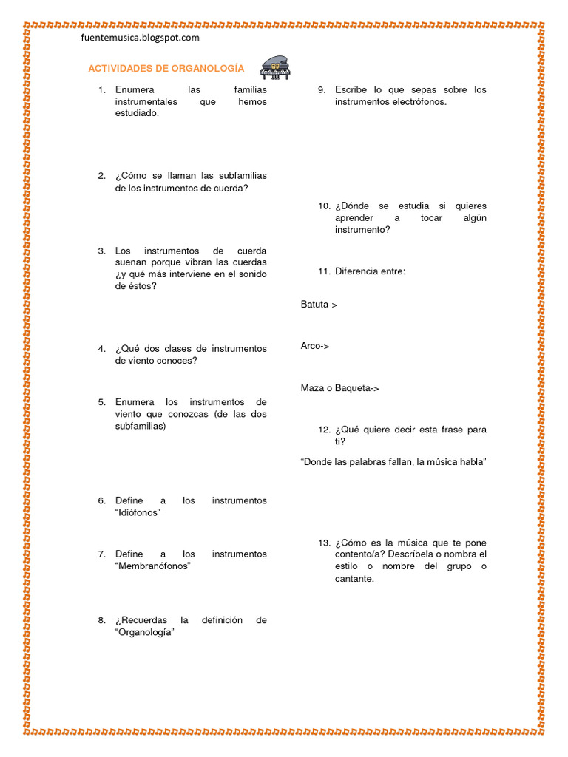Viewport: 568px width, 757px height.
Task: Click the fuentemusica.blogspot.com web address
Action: (141, 37)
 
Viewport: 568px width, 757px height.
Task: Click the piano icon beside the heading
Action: (274, 67)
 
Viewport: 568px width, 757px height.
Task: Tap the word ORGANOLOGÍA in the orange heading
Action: (208, 68)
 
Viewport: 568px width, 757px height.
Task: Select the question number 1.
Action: (101, 90)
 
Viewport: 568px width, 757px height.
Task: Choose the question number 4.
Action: (101, 349)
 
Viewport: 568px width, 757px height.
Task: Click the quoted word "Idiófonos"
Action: (138, 513)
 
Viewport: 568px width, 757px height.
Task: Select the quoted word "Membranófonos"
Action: (153, 566)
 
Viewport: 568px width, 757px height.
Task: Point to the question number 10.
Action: (324, 206)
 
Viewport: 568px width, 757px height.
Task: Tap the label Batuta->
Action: (319, 304)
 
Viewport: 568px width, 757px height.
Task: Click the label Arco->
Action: (315, 346)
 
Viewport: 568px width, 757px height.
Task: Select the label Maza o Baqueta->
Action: (339, 388)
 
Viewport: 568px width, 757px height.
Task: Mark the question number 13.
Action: (324, 543)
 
